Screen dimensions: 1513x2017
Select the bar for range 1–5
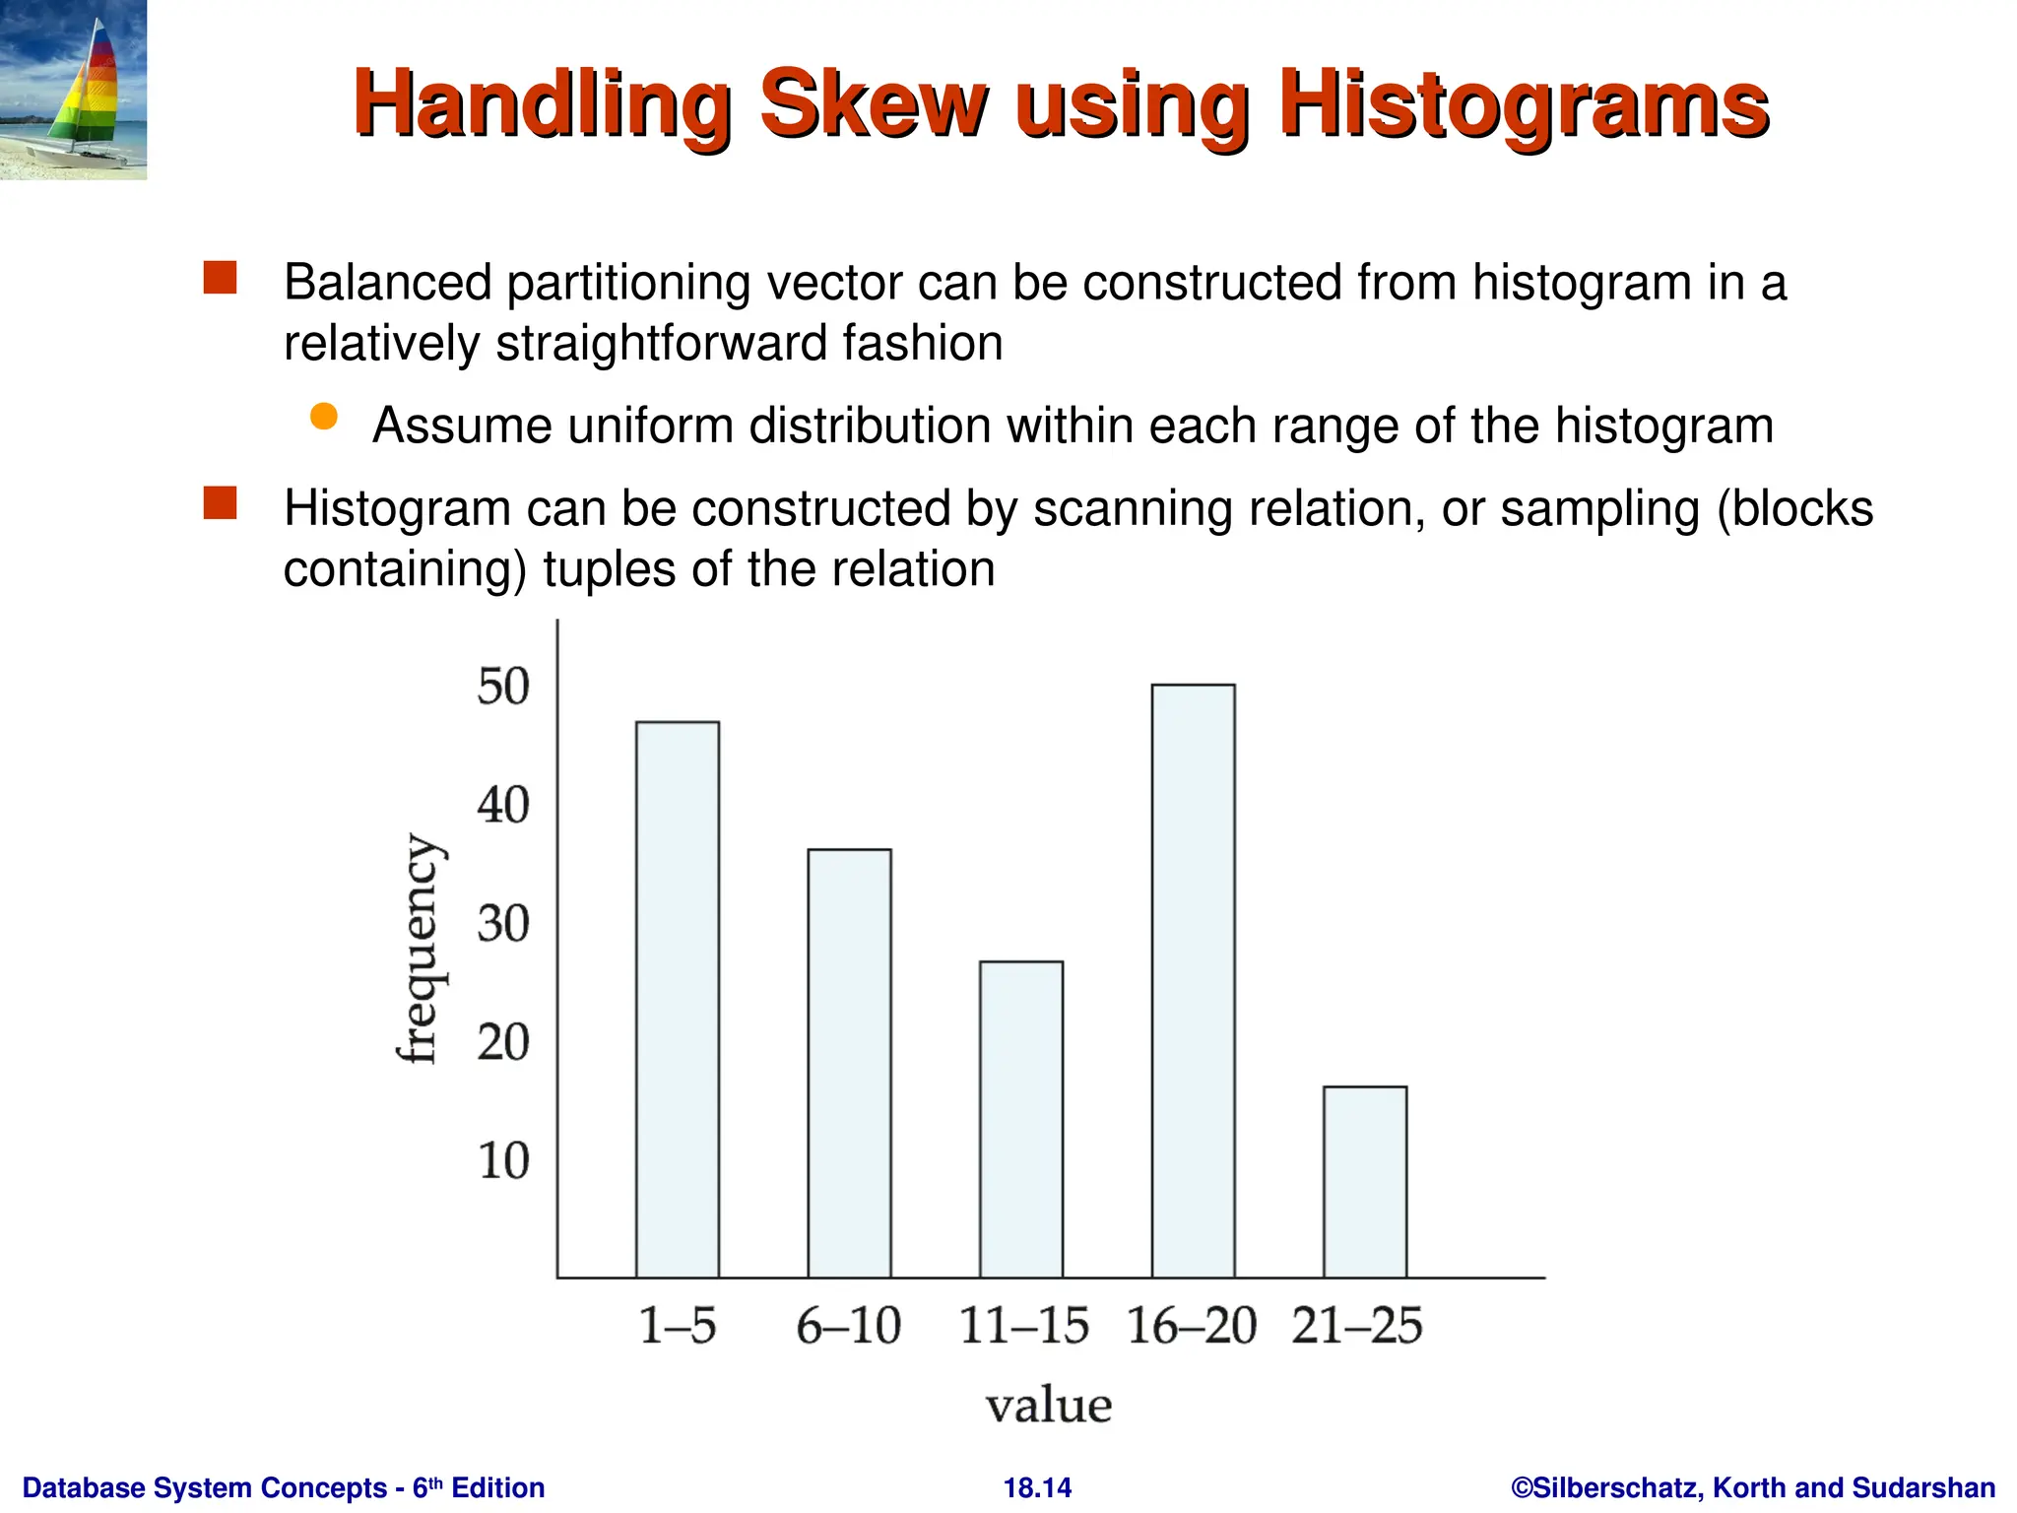[678, 1000]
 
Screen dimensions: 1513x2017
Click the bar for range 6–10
[849, 1064]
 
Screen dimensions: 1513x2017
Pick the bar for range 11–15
[1021, 1119]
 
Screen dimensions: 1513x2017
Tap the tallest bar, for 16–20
[1193, 981]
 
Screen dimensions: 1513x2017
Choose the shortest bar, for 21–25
[1365, 1182]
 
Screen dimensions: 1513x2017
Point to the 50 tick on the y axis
[503, 687]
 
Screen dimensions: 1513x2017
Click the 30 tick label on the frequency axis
[503, 924]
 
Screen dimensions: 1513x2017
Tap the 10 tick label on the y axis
[503, 1161]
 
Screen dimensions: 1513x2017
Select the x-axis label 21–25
[1357, 1325]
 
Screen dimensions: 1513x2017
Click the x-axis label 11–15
[1023, 1325]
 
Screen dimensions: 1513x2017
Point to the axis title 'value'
[1049, 1406]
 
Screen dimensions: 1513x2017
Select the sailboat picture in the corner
[73, 90]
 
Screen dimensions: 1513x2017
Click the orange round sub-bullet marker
[323, 417]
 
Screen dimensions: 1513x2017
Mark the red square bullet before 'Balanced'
[220, 278]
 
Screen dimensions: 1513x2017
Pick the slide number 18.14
[1037, 1487]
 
